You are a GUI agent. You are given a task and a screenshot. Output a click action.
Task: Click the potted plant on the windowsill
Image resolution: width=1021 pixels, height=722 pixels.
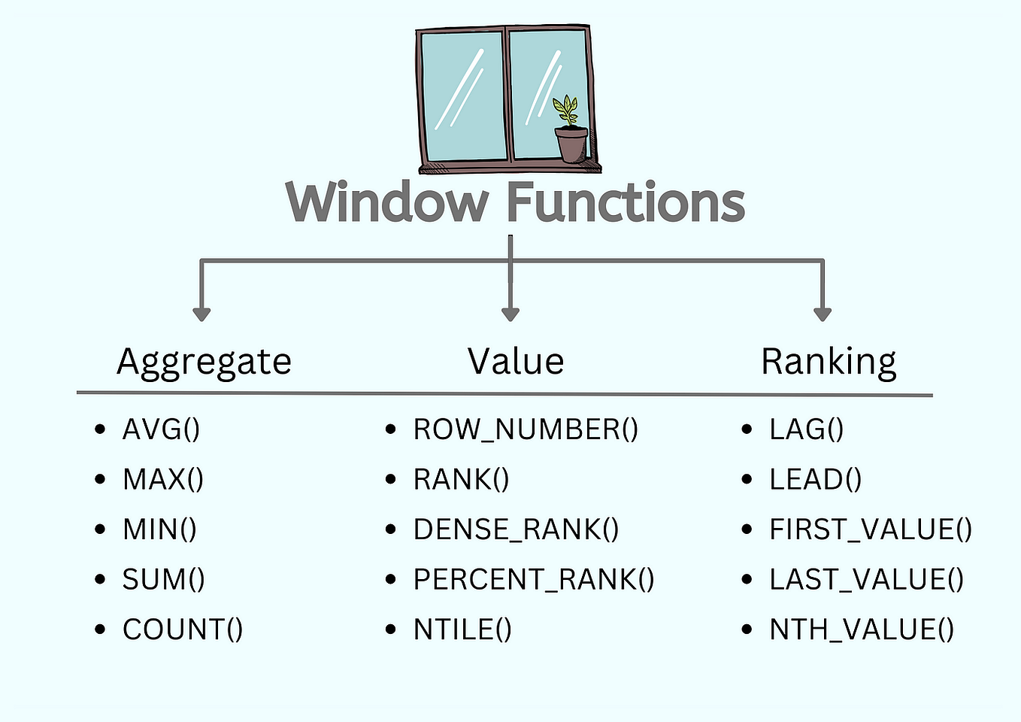(x=570, y=131)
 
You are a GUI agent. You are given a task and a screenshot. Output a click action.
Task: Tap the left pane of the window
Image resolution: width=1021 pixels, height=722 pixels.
(x=462, y=94)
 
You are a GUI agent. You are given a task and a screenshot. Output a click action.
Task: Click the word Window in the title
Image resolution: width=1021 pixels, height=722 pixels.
(x=387, y=202)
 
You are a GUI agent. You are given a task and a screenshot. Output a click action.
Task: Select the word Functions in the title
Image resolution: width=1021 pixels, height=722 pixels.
(x=626, y=202)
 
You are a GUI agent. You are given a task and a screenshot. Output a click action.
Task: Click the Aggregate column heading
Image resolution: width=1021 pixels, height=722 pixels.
(x=204, y=362)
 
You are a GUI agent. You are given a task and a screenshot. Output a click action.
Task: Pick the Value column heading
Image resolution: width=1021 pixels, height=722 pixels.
(x=516, y=362)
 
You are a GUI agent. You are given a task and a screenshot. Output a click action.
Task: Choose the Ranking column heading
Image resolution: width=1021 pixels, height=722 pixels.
(x=829, y=362)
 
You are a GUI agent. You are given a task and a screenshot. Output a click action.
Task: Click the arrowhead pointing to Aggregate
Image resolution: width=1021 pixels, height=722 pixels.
(x=201, y=313)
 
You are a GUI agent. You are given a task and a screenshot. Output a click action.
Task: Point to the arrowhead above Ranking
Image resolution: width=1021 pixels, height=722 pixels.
(x=823, y=313)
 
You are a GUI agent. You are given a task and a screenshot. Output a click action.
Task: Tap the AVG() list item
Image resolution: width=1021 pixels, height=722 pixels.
(x=161, y=429)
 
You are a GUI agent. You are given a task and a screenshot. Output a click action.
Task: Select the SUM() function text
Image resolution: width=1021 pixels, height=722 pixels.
(x=163, y=579)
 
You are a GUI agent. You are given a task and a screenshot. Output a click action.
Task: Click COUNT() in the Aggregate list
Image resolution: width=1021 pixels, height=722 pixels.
(x=183, y=629)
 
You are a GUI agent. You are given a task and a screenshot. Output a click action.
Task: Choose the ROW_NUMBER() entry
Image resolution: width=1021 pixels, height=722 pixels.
(x=526, y=429)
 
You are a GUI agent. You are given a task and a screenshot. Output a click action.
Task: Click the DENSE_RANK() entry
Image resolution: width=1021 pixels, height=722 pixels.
(x=516, y=529)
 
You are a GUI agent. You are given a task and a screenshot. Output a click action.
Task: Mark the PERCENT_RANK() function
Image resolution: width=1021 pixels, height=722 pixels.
(x=534, y=579)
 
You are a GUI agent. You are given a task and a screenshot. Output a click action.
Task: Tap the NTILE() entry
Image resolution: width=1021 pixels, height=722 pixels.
(x=462, y=629)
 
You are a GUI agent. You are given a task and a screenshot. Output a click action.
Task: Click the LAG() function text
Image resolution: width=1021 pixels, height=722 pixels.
(x=806, y=429)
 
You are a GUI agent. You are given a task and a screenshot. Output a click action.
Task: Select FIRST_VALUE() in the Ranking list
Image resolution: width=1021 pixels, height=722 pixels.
(x=871, y=529)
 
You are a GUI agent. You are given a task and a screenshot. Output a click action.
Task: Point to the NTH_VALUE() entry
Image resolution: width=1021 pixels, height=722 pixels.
(x=862, y=629)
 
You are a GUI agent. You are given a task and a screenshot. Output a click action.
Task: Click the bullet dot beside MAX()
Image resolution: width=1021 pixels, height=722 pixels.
(x=101, y=479)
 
